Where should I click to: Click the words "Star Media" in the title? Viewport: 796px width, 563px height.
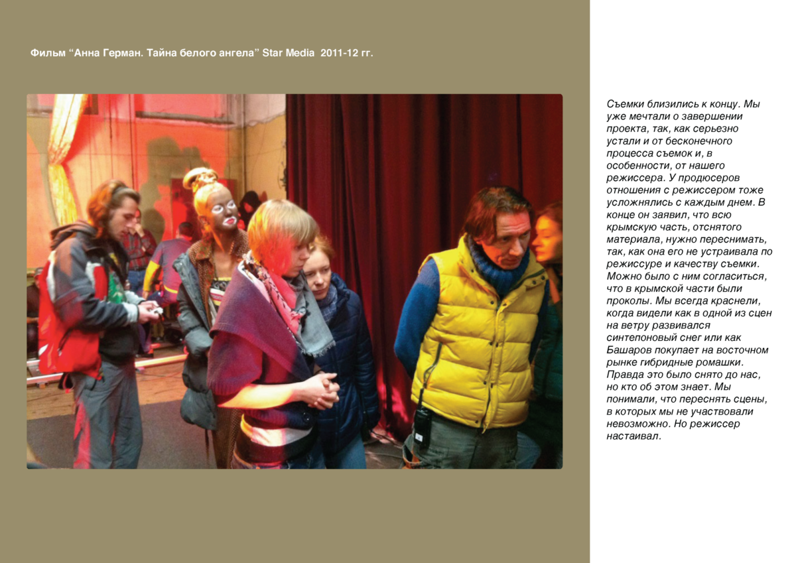tap(288, 53)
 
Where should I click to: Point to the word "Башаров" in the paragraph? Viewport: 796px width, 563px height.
tap(629, 349)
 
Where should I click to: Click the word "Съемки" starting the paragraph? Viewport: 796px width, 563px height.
tap(626, 104)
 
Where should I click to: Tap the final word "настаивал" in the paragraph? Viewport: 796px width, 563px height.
tap(633, 436)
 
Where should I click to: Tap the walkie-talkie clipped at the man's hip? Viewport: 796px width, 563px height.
tap(421, 425)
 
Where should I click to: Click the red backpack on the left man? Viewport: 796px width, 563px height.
tap(62, 325)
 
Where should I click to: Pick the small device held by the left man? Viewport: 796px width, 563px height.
tap(157, 310)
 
